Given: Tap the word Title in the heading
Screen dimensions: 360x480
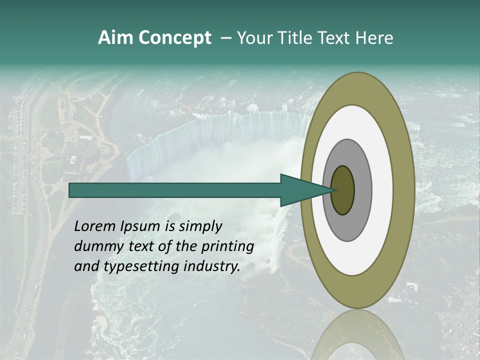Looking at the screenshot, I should coord(296,37).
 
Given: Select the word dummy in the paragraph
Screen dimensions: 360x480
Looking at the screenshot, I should coord(95,246).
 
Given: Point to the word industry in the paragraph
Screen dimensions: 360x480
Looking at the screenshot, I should coord(212,266).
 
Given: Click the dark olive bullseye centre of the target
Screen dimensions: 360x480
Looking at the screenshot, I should coord(343,190).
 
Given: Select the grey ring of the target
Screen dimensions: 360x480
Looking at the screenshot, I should coord(363,190).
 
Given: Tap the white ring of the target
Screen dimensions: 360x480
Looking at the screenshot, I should coord(382,190).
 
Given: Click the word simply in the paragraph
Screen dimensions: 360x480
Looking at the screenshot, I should coord(200,226).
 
